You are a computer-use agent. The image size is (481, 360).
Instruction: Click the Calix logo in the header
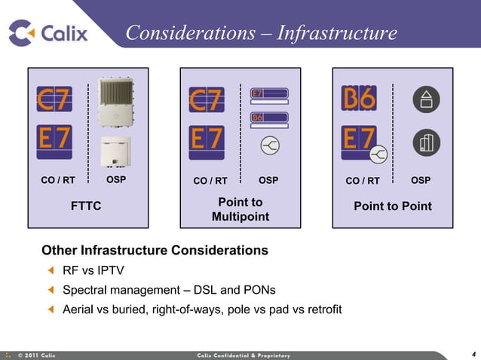(x=48, y=32)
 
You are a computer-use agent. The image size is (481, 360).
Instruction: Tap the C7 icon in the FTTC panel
(x=54, y=99)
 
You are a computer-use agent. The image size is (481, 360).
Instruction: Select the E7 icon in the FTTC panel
(x=54, y=141)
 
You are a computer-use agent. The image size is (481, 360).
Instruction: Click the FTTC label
(x=86, y=206)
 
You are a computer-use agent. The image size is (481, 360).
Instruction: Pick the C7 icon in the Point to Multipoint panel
(x=206, y=100)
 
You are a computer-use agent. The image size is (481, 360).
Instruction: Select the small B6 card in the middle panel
(x=269, y=117)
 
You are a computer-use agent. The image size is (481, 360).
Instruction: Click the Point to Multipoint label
(x=240, y=210)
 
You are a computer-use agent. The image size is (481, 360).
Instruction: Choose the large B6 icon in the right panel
(x=359, y=98)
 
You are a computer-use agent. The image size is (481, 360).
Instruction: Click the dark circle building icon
(x=427, y=142)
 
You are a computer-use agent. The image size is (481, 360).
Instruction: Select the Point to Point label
(x=393, y=206)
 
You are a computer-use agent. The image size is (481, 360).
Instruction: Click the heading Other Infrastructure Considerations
(x=155, y=250)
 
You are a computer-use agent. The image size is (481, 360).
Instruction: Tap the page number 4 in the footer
(x=473, y=354)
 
